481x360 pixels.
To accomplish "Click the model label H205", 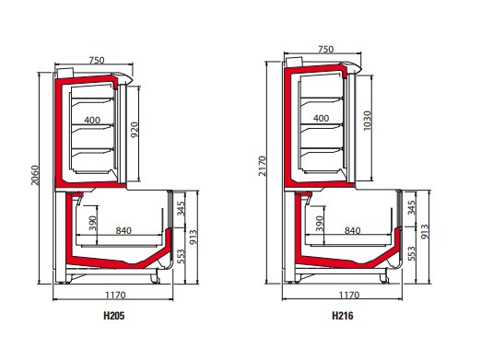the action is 114,316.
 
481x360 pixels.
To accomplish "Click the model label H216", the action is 343,316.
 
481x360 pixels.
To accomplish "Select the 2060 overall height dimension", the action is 35,175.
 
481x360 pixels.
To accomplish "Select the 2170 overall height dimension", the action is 262,166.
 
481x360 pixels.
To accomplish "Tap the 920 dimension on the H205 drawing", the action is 135,130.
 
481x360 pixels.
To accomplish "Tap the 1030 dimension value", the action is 367,121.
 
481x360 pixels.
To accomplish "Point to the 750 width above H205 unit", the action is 97,60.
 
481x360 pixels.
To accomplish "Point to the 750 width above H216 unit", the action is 325,49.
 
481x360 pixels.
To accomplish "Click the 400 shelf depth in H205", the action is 92,120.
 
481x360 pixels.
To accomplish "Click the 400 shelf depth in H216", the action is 322,118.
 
